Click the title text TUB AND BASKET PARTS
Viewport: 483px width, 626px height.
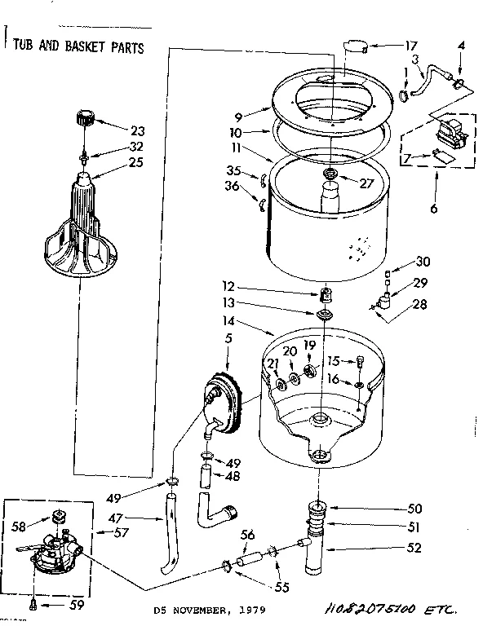point(78,46)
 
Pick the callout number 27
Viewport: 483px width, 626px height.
point(366,183)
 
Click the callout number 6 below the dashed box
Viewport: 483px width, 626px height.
point(433,209)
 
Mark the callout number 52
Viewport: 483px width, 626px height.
point(414,548)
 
